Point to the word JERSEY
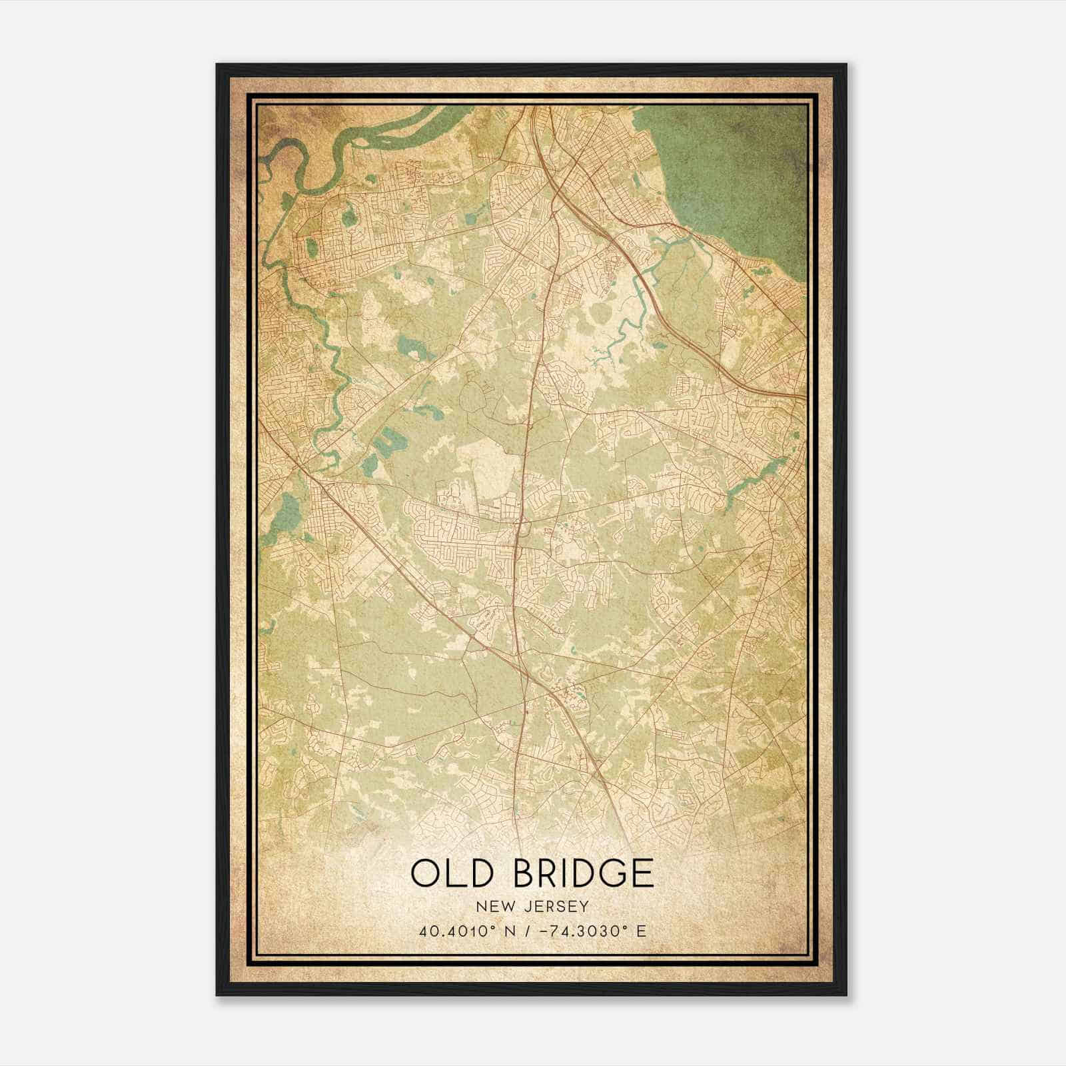[556, 907]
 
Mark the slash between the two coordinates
[528, 931]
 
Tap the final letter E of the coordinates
[641, 931]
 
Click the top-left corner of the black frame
[217, 65]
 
